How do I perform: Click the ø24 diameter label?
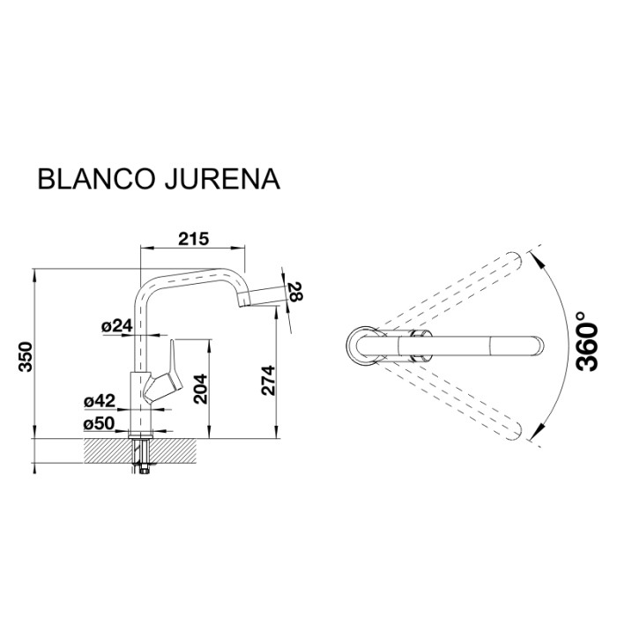pyautogui.click(x=116, y=326)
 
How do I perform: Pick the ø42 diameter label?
pyautogui.click(x=100, y=401)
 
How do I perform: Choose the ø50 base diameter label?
pyautogui.click(x=100, y=424)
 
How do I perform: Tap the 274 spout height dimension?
pyautogui.click(x=270, y=379)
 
